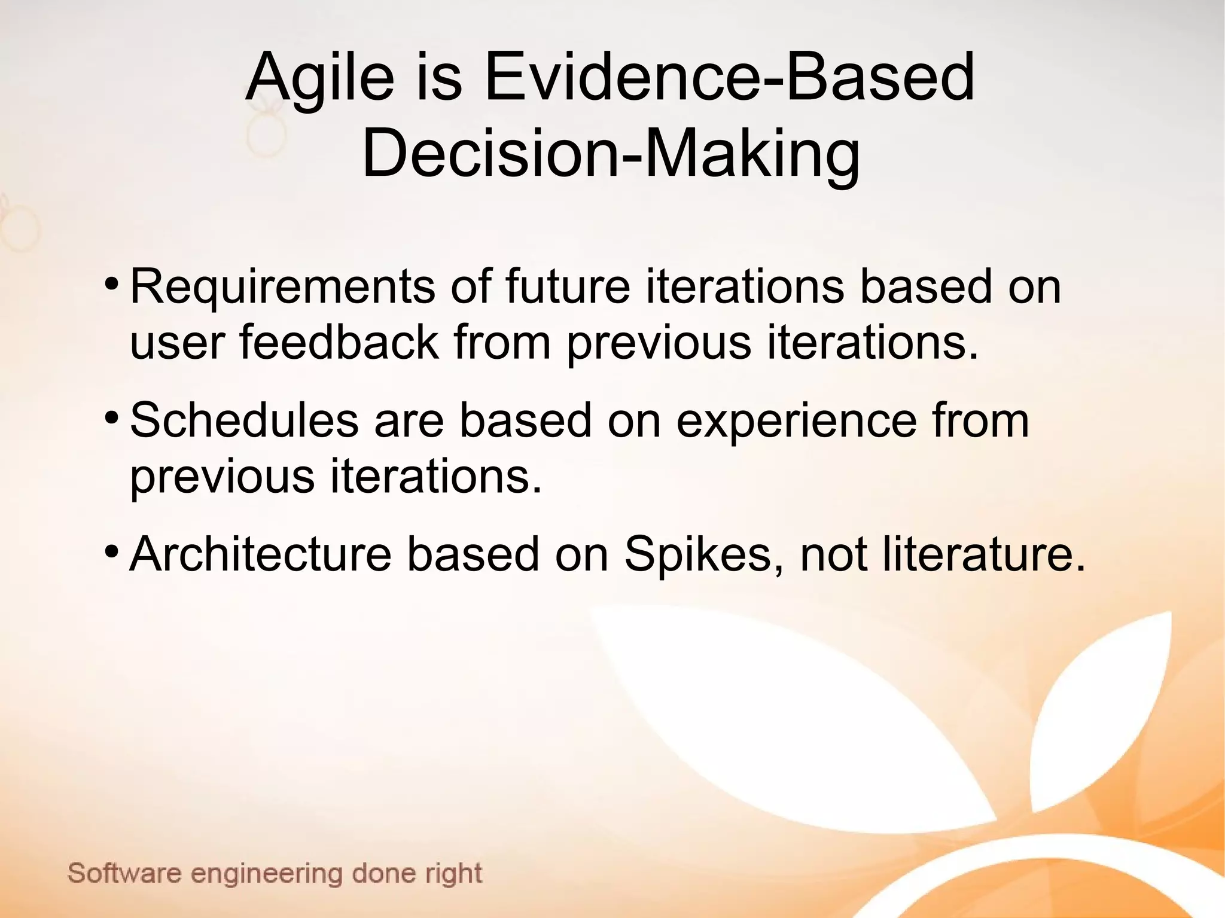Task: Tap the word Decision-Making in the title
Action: pyautogui.click(x=611, y=154)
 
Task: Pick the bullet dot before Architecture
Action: pyautogui.click(x=110, y=550)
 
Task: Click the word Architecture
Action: pyautogui.click(x=260, y=554)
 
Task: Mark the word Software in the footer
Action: pyautogui.click(x=124, y=873)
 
